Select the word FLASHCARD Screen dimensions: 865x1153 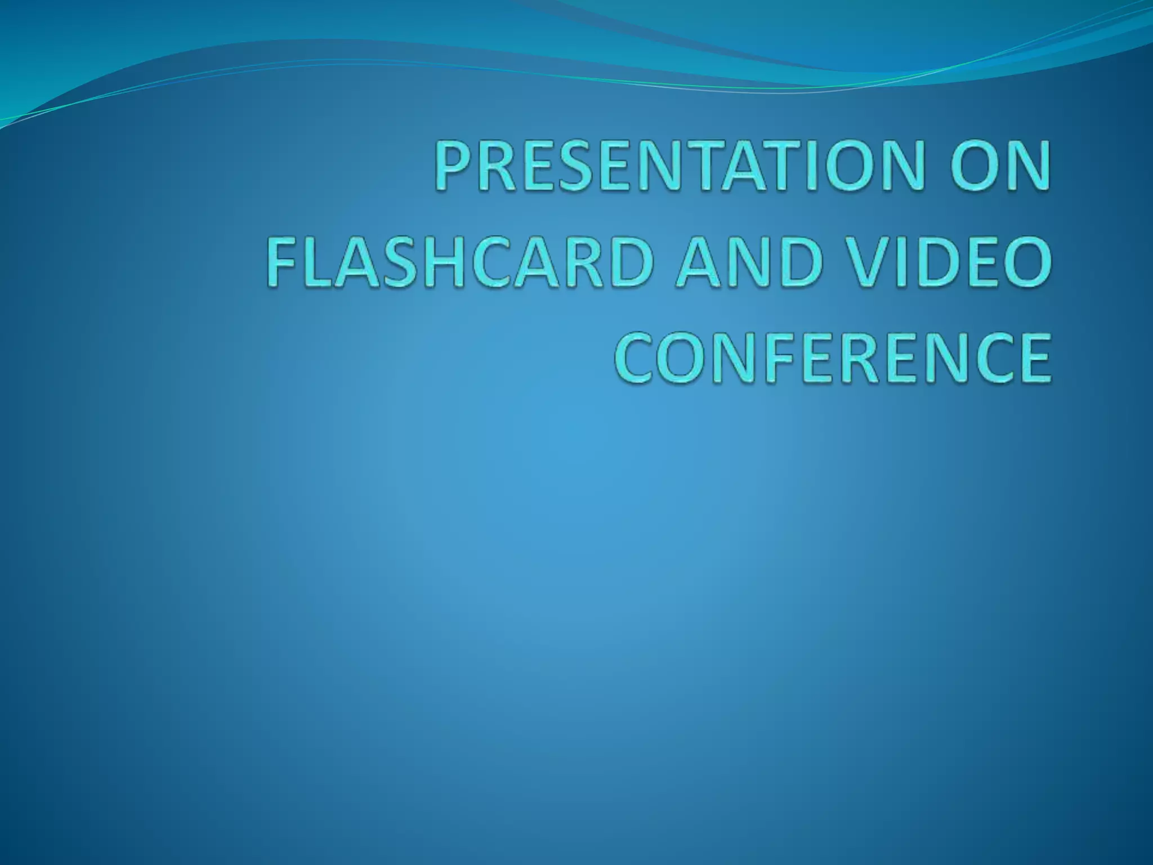tap(458, 262)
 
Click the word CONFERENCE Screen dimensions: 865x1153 tap(832, 359)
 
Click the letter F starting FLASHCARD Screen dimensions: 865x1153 tap(280, 262)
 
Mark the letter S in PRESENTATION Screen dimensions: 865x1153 tap(569, 166)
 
